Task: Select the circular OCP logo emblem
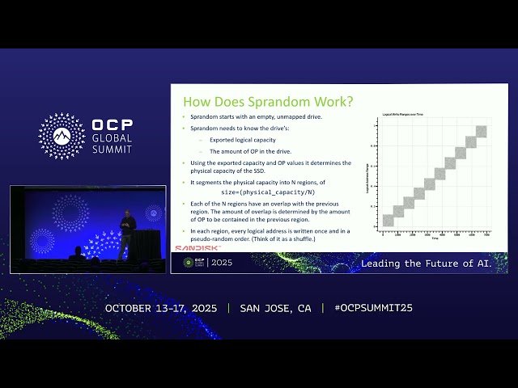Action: point(62,136)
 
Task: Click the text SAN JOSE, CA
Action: point(275,308)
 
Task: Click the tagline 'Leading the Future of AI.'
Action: point(433,264)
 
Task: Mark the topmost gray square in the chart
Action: point(482,131)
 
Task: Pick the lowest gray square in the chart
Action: point(388,220)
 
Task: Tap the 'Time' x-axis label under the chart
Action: point(434,239)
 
